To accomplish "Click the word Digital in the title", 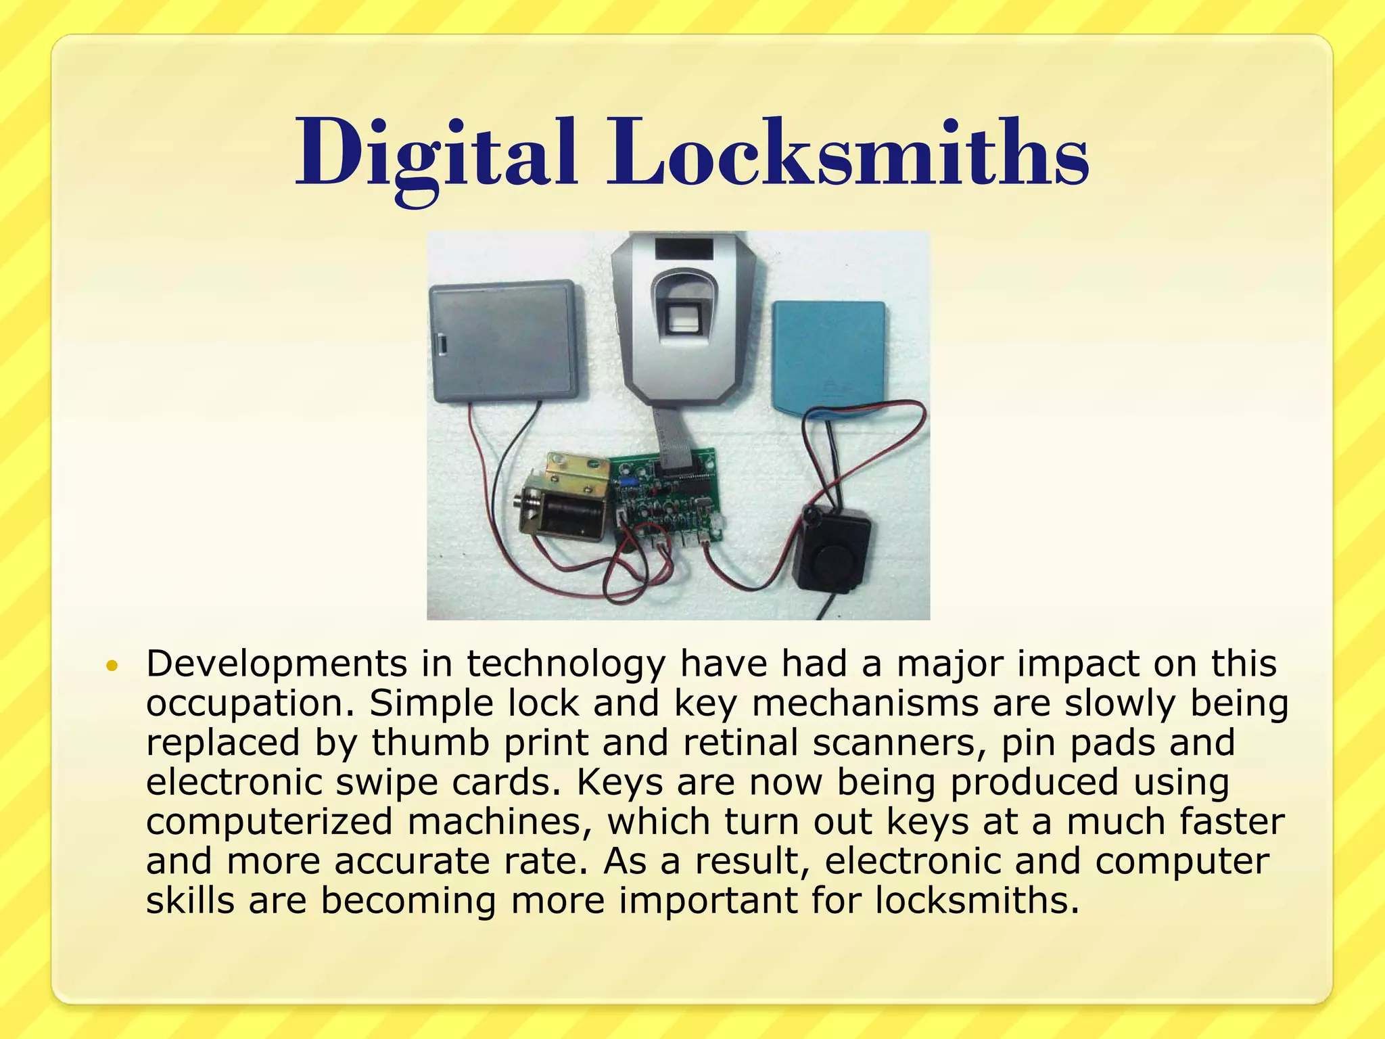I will (x=436, y=154).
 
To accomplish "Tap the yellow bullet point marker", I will (x=112, y=666).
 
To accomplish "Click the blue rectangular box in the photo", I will (x=829, y=355).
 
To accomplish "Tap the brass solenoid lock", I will (x=565, y=497).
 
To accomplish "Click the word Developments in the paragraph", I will (x=277, y=664).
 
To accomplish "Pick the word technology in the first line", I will (x=566, y=664).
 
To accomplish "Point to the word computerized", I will (x=269, y=822).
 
